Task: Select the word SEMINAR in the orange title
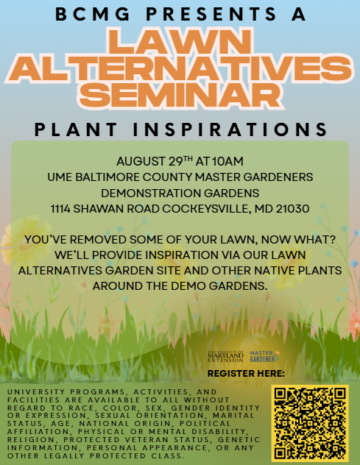(180, 94)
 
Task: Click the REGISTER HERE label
(251, 375)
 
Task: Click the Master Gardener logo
(264, 356)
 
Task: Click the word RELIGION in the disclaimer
(28, 440)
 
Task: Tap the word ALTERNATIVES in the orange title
(180, 68)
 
